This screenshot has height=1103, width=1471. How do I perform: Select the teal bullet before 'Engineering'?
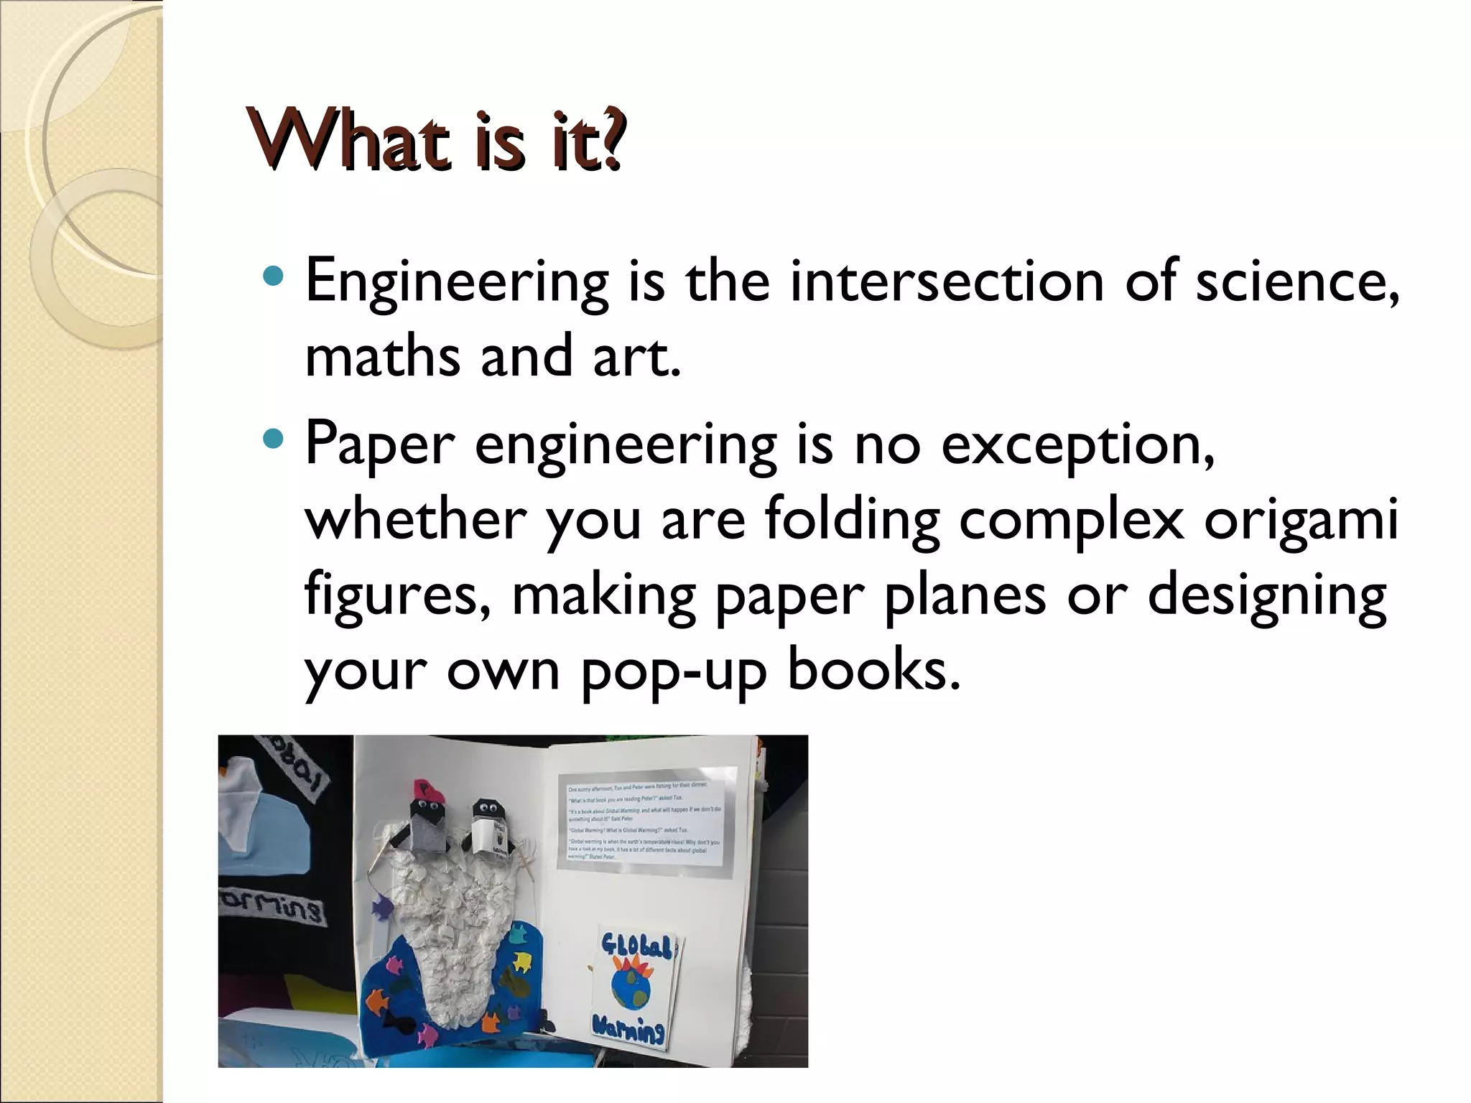pos(274,275)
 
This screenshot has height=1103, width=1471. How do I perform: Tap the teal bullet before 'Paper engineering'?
pos(274,438)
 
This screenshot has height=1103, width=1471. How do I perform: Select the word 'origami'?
pos(1301,521)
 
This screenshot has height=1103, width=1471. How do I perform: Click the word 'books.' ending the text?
pos(873,669)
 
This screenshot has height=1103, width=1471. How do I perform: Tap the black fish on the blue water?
pos(394,1020)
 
